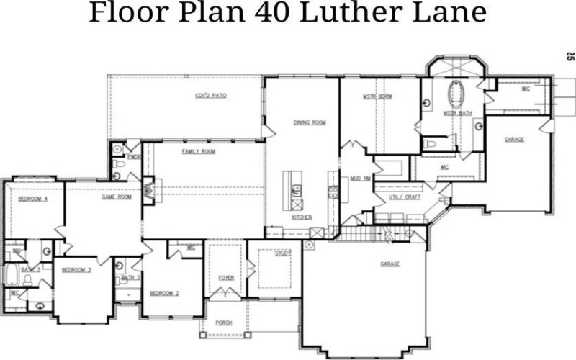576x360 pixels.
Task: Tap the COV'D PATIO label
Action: pyautogui.click(x=211, y=96)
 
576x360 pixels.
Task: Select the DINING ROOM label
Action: pyautogui.click(x=310, y=123)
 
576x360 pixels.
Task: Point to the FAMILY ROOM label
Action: pyautogui.click(x=199, y=152)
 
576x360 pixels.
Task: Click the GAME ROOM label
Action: pyautogui.click(x=116, y=197)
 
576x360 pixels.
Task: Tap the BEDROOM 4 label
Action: pyautogui.click(x=32, y=199)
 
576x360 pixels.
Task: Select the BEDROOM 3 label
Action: pyautogui.click(x=76, y=270)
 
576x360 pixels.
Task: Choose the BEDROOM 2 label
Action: pyautogui.click(x=164, y=293)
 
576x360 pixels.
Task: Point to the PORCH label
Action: pyautogui.click(x=224, y=323)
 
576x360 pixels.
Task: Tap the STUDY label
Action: pyautogui.click(x=282, y=253)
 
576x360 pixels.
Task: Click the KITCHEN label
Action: pyautogui.click(x=302, y=217)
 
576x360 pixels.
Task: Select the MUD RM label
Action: pyautogui.click(x=360, y=178)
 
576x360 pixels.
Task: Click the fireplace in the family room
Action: pyautogui.click(x=148, y=192)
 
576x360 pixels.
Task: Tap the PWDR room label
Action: pyautogui.click(x=133, y=156)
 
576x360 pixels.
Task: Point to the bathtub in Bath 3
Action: pyautogui.click(x=12, y=274)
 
